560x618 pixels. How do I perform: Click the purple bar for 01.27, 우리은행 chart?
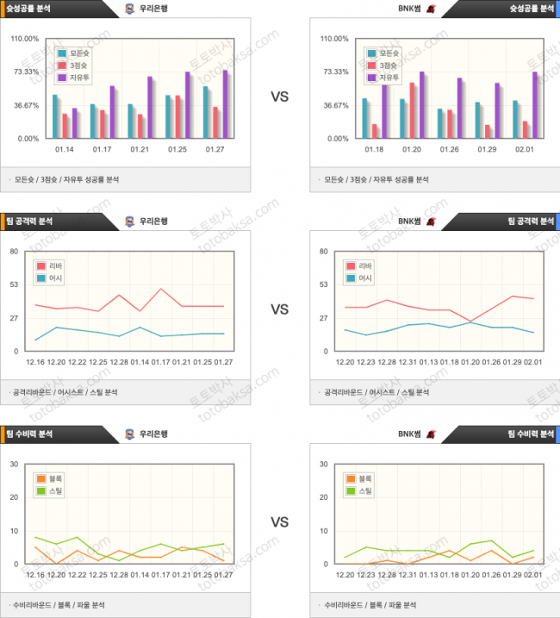225,103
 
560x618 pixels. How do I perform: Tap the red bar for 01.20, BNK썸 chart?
413,110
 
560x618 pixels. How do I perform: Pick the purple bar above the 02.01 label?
535,104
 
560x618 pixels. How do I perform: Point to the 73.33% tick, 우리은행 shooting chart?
26,72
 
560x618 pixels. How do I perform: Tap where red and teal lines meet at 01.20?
470,322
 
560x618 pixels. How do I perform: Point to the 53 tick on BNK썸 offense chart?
326,284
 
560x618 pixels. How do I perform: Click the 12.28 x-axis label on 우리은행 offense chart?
119,362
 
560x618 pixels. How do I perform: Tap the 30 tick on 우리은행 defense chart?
13,464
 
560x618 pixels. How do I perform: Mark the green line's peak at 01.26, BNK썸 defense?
491,541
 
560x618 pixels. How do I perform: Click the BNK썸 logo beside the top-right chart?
430,9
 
